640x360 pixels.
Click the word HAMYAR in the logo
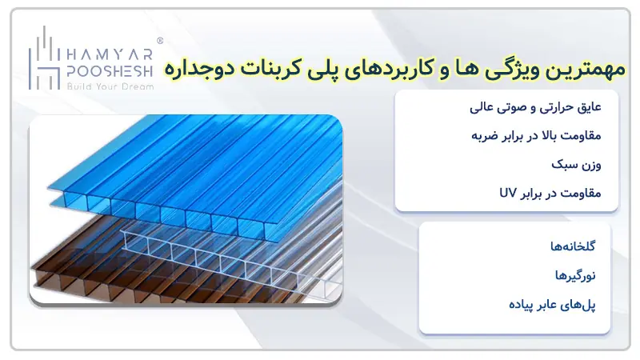109,50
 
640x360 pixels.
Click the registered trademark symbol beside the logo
160,39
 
